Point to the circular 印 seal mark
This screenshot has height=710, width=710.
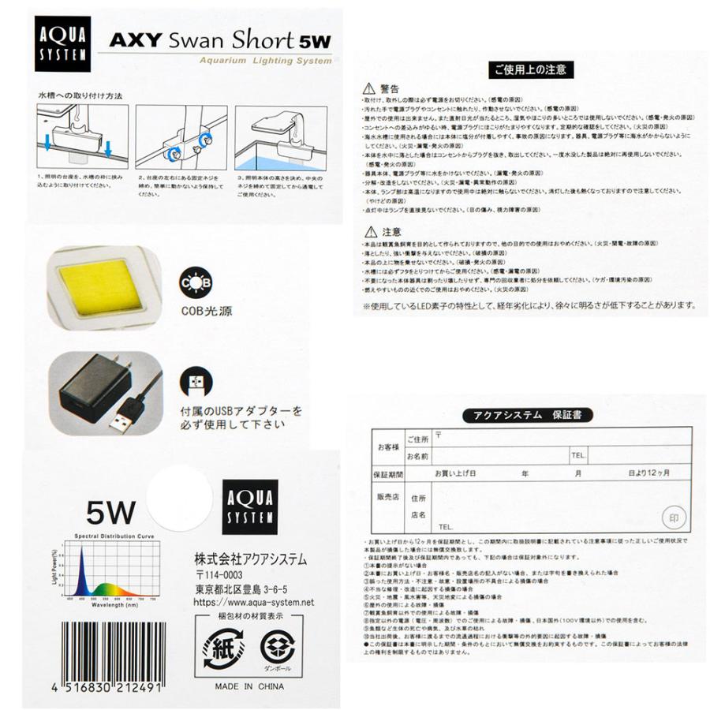pos(671,518)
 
